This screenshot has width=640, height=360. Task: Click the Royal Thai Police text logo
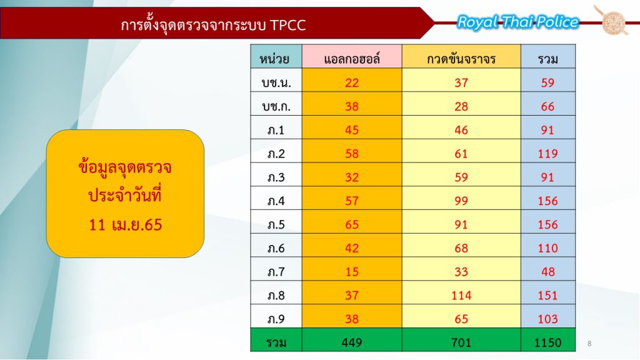click(518, 22)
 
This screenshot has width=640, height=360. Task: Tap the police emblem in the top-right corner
click(612, 20)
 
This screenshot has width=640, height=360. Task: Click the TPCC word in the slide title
click(287, 25)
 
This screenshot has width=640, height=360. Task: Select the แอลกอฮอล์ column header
click(352, 59)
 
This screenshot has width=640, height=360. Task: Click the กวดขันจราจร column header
click(461, 59)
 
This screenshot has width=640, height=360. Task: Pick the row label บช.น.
click(276, 83)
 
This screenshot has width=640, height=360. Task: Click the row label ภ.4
click(276, 201)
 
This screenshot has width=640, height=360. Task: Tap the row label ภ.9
click(276, 319)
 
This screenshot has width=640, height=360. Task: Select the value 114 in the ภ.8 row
click(461, 295)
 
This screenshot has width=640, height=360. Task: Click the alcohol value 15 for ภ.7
click(352, 271)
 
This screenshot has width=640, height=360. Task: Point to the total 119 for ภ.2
click(547, 154)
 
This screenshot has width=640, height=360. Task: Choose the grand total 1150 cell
click(547, 342)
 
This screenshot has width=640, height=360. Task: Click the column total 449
click(352, 342)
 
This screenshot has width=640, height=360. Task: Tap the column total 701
click(461, 342)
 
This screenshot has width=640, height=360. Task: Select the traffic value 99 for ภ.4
click(461, 201)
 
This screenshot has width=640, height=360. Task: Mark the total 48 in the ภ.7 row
click(547, 271)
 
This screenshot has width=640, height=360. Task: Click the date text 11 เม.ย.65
click(125, 224)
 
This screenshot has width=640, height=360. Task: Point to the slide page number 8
click(589, 344)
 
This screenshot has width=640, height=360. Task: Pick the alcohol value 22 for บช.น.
click(352, 83)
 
